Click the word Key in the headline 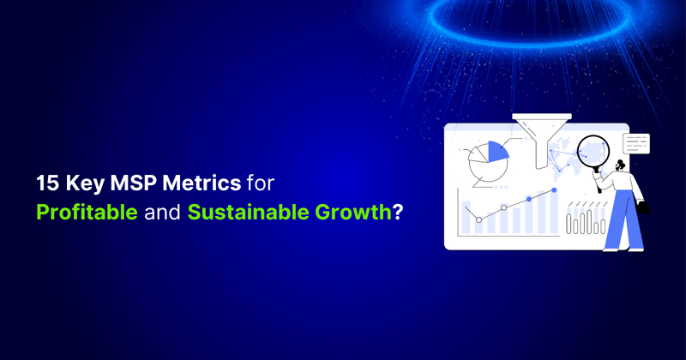click(x=81, y=183)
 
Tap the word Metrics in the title click(x=198, y=183)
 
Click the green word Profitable click(x=87, y=212)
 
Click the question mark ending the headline click(x=396, y=212)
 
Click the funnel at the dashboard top click(x=540, y=137)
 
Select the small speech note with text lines click(x=636, y=142)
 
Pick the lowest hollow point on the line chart click(x=478, y=219)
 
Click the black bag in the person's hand click(x=644, y=207)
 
